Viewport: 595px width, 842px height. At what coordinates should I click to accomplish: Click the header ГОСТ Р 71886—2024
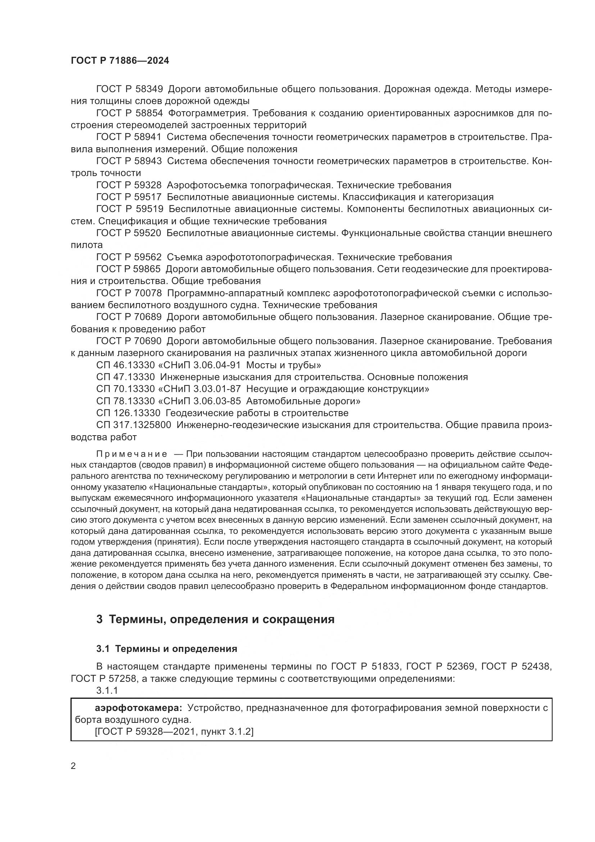[x=120, y=61]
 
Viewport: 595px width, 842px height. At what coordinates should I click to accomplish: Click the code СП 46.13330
[x=126, y=365]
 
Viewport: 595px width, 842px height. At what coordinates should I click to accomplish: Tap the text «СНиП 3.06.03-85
[x=199, y=401]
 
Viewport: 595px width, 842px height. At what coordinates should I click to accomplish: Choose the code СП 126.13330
[x=128, y=413]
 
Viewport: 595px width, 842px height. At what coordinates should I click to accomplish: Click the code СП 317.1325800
[x=134, y=425]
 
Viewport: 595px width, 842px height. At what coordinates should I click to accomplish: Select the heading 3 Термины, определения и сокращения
[x=215, y=620]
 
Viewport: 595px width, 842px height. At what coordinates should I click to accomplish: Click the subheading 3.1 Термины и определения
[x=167, y=649]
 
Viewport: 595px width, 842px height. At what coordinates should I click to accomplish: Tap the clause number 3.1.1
[x=107, y=690]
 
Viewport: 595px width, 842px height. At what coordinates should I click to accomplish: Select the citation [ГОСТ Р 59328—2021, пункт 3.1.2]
[x=174, y=732]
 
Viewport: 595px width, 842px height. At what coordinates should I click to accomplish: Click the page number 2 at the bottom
[x=73, y=766]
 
